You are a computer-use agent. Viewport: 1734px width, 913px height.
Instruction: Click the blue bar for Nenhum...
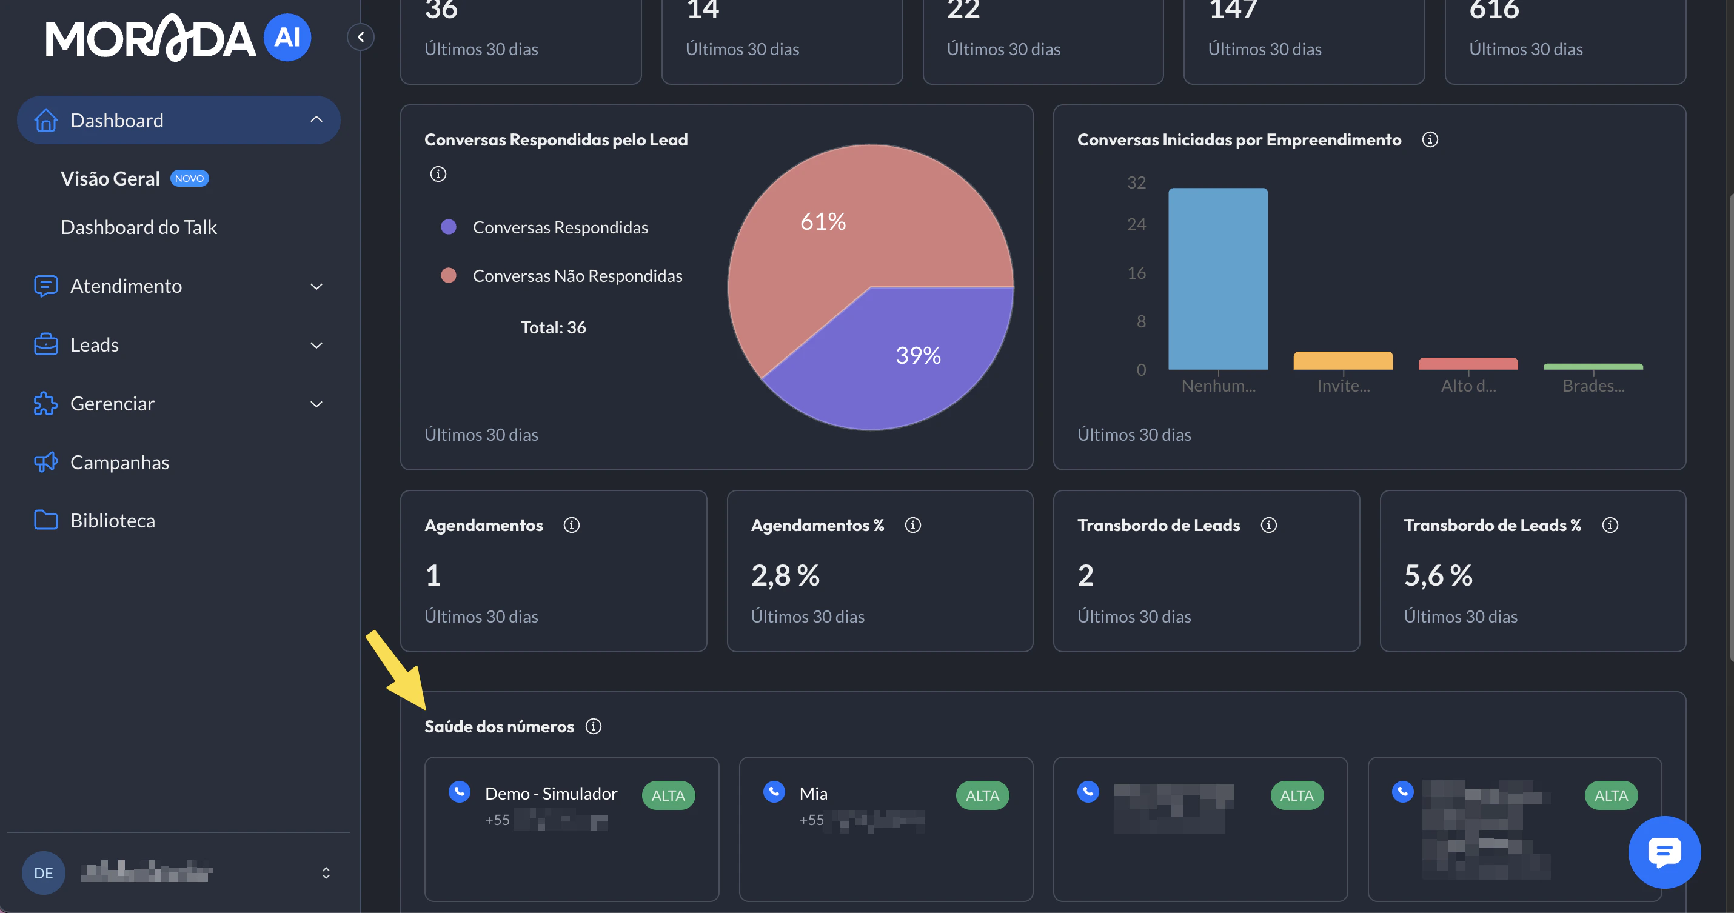coord(1217,279)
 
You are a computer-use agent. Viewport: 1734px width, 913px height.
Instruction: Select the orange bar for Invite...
coord(1342,361)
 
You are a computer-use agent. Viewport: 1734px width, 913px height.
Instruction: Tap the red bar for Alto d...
coord(1467,364)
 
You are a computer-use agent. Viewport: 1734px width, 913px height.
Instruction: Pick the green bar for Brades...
coord(1593,367)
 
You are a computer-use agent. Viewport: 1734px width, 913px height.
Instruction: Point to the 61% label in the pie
coord(823,221)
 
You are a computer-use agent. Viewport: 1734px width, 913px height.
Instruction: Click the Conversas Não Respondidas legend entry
coord(577,276)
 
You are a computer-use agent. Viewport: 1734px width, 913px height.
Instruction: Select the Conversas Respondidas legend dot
coord(448,227)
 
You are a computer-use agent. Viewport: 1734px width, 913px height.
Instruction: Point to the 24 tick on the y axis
coord(1136,224)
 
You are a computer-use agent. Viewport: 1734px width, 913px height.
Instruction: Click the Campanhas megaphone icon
coord(45,462)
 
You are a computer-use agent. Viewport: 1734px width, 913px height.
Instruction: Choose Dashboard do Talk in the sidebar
coord(139,227)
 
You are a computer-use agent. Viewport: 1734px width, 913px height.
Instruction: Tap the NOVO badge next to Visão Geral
coord(189,178)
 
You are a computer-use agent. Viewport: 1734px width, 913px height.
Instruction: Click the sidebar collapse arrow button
coord(361,37)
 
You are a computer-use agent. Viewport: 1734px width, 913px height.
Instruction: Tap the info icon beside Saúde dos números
coord(593,726)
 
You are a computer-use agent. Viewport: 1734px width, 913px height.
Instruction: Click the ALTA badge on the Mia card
coord(982,796)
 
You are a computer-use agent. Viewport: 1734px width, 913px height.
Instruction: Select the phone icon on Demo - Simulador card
coord(459,792)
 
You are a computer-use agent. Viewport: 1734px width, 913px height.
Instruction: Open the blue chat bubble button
coord(1664,852)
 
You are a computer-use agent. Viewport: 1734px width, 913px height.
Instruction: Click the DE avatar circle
coord(44,872)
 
